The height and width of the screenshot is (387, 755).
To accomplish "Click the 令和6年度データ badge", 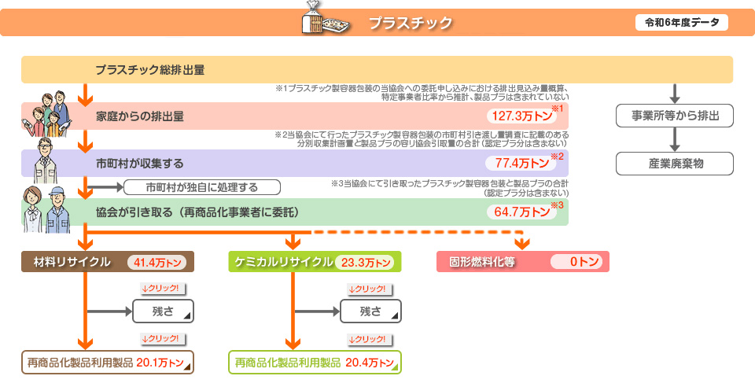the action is click(x=681, y=23).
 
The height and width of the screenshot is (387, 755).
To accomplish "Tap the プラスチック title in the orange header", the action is click(x=411, y=23).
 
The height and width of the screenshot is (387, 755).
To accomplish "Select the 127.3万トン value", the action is click(x=521, y=116).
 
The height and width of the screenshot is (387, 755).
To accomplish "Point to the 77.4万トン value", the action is click(x=521, y=163).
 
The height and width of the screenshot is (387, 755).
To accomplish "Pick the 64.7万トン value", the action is click(x=521, y=212).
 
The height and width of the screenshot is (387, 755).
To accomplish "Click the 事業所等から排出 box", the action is click(x=675, y=116).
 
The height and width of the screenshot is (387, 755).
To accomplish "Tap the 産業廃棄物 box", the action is click(x=675, y=164).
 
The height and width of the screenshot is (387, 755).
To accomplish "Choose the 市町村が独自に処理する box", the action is click(x=202, y=187).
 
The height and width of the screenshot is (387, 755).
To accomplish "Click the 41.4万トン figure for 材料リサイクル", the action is click(x=157, y=263).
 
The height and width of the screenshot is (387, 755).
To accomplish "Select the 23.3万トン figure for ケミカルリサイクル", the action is click(x=365, y=263).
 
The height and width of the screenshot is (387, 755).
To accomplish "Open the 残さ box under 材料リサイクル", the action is click(x=164, y=311).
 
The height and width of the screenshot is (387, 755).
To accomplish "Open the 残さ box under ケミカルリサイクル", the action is click(x=370, y=311).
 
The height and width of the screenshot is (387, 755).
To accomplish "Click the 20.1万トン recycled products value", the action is click(x=160, y=363).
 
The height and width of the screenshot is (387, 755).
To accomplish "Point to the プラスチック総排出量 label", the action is click(x=150, y=70).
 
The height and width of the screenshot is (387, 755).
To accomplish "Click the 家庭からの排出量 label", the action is click(x=140, y=116).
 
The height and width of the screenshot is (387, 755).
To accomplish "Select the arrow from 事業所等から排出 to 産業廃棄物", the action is click(x=675, y=139).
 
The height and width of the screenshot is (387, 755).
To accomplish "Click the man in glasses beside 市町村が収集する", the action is click(x=46, y=160).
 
